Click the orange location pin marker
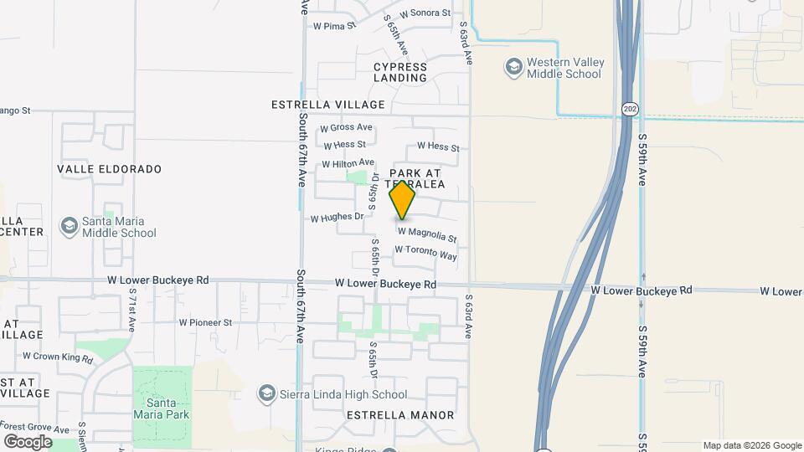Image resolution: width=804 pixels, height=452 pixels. (x=403, y=200)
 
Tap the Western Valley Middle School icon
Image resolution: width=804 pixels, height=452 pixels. (x=513, y=66)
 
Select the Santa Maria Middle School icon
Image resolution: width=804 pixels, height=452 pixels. (x=70, y=226)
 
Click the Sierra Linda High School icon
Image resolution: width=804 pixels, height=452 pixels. (x=267, y=394)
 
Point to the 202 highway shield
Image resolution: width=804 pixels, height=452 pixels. (x=629, y=109)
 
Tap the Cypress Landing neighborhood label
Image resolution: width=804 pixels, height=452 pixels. (x=400, y=72)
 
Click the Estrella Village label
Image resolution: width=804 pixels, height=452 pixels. (x=328, y=105)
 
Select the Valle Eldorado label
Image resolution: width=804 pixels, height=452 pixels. (x=109, y=169)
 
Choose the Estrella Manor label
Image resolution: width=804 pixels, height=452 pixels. (x=400, y=415)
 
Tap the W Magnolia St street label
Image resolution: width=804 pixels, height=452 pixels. (x=427, y=234)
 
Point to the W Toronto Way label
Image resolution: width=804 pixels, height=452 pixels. (x=425, y=253)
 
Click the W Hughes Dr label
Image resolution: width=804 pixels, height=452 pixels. (x=337, y=218)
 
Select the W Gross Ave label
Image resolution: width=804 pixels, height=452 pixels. (x=346, y=127)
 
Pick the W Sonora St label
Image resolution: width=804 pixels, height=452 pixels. (x=425, y=13)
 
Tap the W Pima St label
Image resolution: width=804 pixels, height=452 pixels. (x=334, y=26)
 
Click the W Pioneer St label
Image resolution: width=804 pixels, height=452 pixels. (x=205, y=322)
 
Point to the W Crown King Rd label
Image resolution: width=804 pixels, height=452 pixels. (x=56, y=357)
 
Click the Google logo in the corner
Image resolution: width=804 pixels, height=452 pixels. (x=28, y=441)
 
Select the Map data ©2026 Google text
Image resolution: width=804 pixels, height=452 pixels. (x=752, y=445)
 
